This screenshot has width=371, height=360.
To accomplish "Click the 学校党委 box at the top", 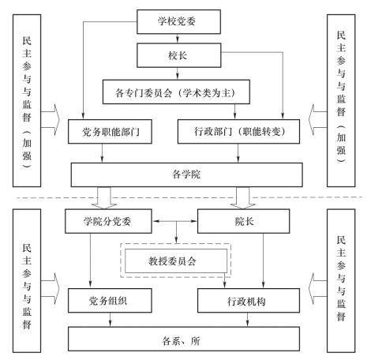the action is pyautogui.click(x=178, y=22).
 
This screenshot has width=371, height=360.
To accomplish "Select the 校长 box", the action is pyautogui.click(x=179, y=55).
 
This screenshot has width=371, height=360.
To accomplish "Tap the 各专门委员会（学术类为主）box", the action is pyautogui.click(x=176, y=92).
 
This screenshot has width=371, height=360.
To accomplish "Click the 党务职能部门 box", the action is pyautogui.click(x=110, y=132).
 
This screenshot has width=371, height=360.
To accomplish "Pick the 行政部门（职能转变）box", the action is pyautogui.click(x=238, y=132).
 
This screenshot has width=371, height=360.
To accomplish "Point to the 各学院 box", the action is pyautogui.click(x=187, y=174).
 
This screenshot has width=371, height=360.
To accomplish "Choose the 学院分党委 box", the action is pyautogui.click(x=108, y=221).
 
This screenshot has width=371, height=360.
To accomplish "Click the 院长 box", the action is pyautogui.click(x=244, y=221).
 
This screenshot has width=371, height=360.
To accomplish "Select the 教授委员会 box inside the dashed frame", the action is pyautogui.click(x=176, y=261).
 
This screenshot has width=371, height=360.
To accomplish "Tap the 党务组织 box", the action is pyautogui.click(x=110, y=301).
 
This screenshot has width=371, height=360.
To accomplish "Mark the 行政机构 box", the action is pyautogui.click(x=249, y=301).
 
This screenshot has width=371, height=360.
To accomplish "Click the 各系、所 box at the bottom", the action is pyautogui.click(x=184, y=339).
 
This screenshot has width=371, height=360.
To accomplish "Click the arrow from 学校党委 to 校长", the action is pyautogui.click(x=178, y=39).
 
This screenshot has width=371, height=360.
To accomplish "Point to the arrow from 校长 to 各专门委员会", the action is pyautogui.click(x=178, y=73).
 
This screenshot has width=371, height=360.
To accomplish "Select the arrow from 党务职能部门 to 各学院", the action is pyautogui.click(x=102, y=153).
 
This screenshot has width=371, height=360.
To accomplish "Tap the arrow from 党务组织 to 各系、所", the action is pyautogui.click(x=110, y=320).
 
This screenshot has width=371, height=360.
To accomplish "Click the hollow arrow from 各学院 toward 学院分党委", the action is pyautogui.click(x=104, y=198).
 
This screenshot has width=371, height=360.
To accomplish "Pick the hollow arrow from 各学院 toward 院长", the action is pyautogui.click(x=242, y=198).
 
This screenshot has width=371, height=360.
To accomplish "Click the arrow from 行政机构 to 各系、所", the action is pyautogui.click(x=247, y=320).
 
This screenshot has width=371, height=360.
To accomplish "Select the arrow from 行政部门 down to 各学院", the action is pyautogui.click(x=238, y=153).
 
